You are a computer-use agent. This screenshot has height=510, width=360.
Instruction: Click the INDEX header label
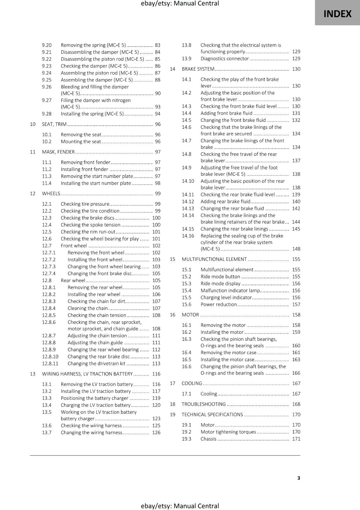[x=337, y=14]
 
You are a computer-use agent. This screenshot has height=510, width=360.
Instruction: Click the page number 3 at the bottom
[x=299, y=478]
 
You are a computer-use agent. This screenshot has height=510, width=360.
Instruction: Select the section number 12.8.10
[x=50, y=357]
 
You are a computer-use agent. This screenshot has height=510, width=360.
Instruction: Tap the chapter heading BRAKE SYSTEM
[x=198, y=69]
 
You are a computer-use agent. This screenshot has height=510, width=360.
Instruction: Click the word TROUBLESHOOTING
[x=204, y=404]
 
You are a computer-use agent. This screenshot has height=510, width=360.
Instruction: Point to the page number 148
[x=296, y=249]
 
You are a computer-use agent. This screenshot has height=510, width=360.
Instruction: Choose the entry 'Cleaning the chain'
[x=88, y=308]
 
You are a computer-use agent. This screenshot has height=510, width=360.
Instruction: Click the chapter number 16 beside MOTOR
[x=172, y=315]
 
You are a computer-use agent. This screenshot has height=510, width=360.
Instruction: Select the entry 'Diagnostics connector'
[x=225, y=59]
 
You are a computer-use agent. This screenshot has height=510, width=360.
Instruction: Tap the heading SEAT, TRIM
[x=54, y=124]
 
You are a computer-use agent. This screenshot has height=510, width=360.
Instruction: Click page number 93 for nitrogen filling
[x=158, y=107]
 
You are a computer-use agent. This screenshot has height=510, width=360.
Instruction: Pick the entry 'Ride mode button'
[x=220, y=277]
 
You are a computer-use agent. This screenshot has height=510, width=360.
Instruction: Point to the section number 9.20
[x=47, y=45]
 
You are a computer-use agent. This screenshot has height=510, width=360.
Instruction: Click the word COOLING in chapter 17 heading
[x=192, y=383]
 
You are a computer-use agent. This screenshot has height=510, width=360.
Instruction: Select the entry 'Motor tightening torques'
[x=228, y=432]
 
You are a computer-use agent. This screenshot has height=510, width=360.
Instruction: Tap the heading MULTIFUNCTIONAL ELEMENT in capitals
[x=214, y=259]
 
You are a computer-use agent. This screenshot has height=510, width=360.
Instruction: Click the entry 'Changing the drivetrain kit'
[x=97, y=364]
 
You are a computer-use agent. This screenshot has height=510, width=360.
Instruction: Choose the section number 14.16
[x=188, y=236]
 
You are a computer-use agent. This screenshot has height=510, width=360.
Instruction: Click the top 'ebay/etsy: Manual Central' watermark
[x=180, y=4]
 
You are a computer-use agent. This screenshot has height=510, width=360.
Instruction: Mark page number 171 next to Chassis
[x=296, y=439]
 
